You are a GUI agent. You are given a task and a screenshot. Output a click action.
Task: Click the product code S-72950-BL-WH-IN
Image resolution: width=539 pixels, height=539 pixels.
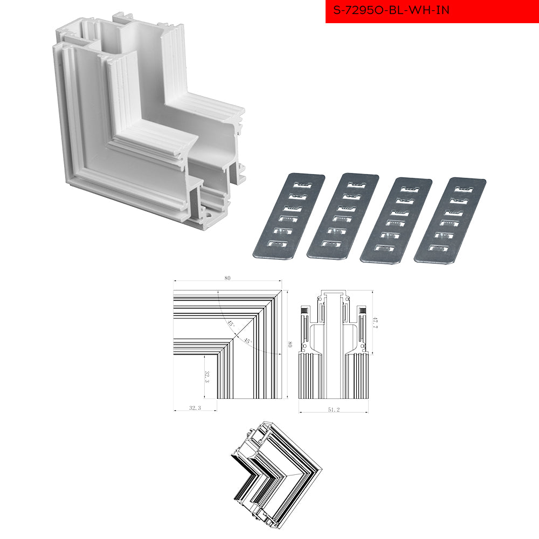coord(391,10)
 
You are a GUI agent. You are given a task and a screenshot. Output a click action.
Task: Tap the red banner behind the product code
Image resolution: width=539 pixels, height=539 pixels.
coord(432,11)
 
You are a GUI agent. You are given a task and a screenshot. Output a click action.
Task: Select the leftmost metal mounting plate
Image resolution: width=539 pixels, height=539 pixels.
coord(289,216)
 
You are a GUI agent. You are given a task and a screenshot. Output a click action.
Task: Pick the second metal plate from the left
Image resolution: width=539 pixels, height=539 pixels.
coord(343,216)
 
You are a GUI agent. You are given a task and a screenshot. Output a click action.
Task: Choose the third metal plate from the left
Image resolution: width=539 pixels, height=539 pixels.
coord(396,220)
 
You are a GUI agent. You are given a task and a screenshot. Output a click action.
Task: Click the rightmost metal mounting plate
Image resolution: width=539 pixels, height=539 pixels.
coord(450,220)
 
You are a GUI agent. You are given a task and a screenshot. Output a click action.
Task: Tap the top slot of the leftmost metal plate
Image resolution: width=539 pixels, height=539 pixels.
coord(302,185)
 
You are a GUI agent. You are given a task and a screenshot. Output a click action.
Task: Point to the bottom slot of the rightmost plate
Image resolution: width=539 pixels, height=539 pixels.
coord(439,248)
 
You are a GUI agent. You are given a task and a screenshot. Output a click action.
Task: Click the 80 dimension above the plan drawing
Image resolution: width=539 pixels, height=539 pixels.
coord(227,278)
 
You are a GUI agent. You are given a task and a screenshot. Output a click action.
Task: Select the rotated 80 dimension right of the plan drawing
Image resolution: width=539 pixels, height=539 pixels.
coord(290,344)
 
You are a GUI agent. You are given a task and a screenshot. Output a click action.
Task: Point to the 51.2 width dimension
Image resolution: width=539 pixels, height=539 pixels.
coord(334,410)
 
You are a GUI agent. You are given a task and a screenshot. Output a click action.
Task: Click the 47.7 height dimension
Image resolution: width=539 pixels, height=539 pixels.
coord(375,322)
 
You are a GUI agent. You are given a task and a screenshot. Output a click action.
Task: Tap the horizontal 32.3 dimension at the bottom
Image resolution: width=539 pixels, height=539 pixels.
coord(195,407)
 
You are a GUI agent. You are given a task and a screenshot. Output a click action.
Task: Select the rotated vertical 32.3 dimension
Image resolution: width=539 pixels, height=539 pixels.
coord(207,377)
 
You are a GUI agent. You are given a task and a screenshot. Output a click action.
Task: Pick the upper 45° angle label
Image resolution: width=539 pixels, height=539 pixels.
coord(230,323)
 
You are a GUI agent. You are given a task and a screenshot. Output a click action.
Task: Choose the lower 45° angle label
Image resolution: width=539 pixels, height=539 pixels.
coord(247,341)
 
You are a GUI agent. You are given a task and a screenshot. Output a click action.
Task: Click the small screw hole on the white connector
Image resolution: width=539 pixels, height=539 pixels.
coord(209,216)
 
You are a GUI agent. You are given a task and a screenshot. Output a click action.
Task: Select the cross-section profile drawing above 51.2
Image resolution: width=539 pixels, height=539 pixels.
coord(334,344)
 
